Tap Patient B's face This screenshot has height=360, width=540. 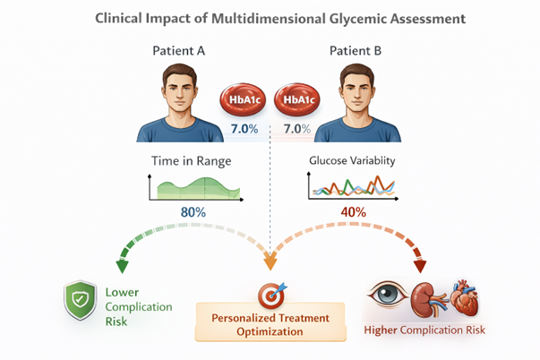[x=357, y=87]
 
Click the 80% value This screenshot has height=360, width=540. [x=192, y=213]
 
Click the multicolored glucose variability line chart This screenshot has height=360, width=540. [x=352, y=186]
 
